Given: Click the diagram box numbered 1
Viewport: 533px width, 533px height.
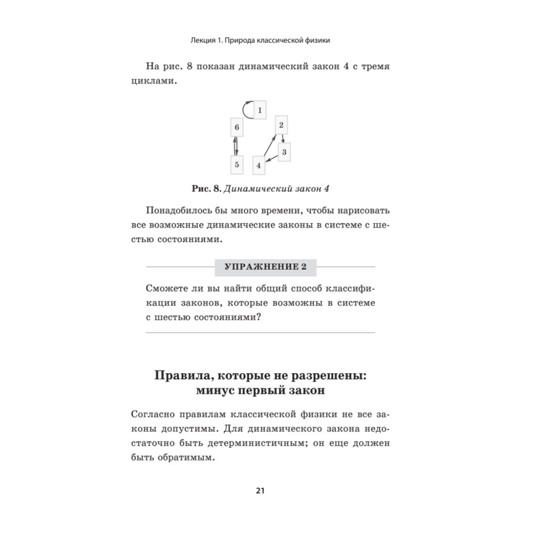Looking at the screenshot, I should coord(260,110).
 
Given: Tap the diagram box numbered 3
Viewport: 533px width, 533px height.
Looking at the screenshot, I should coord(284,152).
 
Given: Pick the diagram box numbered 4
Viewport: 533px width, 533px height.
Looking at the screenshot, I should coord(258,165).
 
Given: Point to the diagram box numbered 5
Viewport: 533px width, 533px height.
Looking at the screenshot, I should coord(237,165).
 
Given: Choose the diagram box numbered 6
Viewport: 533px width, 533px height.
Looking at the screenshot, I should coord(237,128).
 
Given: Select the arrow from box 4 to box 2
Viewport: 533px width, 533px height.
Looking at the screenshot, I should coord(269,146).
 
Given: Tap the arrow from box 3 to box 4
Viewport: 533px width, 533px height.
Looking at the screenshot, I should coord(272,158).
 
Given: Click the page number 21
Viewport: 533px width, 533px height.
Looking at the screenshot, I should coord(260,491).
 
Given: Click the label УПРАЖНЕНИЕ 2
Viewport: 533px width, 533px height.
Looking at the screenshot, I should coord(265,267).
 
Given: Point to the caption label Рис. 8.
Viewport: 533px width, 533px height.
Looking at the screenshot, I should coord(205,189).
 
